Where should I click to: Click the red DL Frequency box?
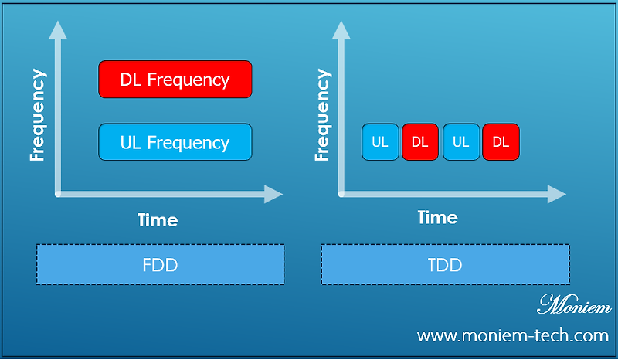[175, 80]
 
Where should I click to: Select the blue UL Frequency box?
[175, 142]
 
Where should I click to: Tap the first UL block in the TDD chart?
[380, 141]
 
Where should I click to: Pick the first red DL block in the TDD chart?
[420, 141]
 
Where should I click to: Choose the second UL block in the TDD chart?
[461, 141]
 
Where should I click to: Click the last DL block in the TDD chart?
[501, 141]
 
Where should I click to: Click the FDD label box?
[160, 265]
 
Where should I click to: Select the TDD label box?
[445, 265]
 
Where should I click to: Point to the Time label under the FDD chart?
[158, 220]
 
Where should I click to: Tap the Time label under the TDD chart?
[437, 218]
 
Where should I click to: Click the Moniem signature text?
[573, 304]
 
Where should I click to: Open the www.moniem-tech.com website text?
[513, 336]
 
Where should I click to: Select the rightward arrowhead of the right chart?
[559, 194]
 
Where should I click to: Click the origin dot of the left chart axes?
[57, 194]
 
